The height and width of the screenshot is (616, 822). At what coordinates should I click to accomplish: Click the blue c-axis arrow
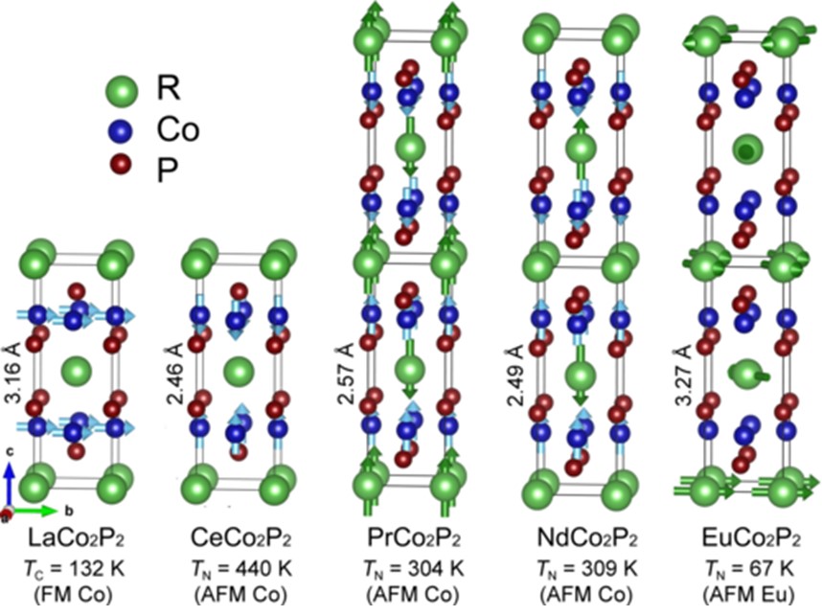[x=9, y=484]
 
